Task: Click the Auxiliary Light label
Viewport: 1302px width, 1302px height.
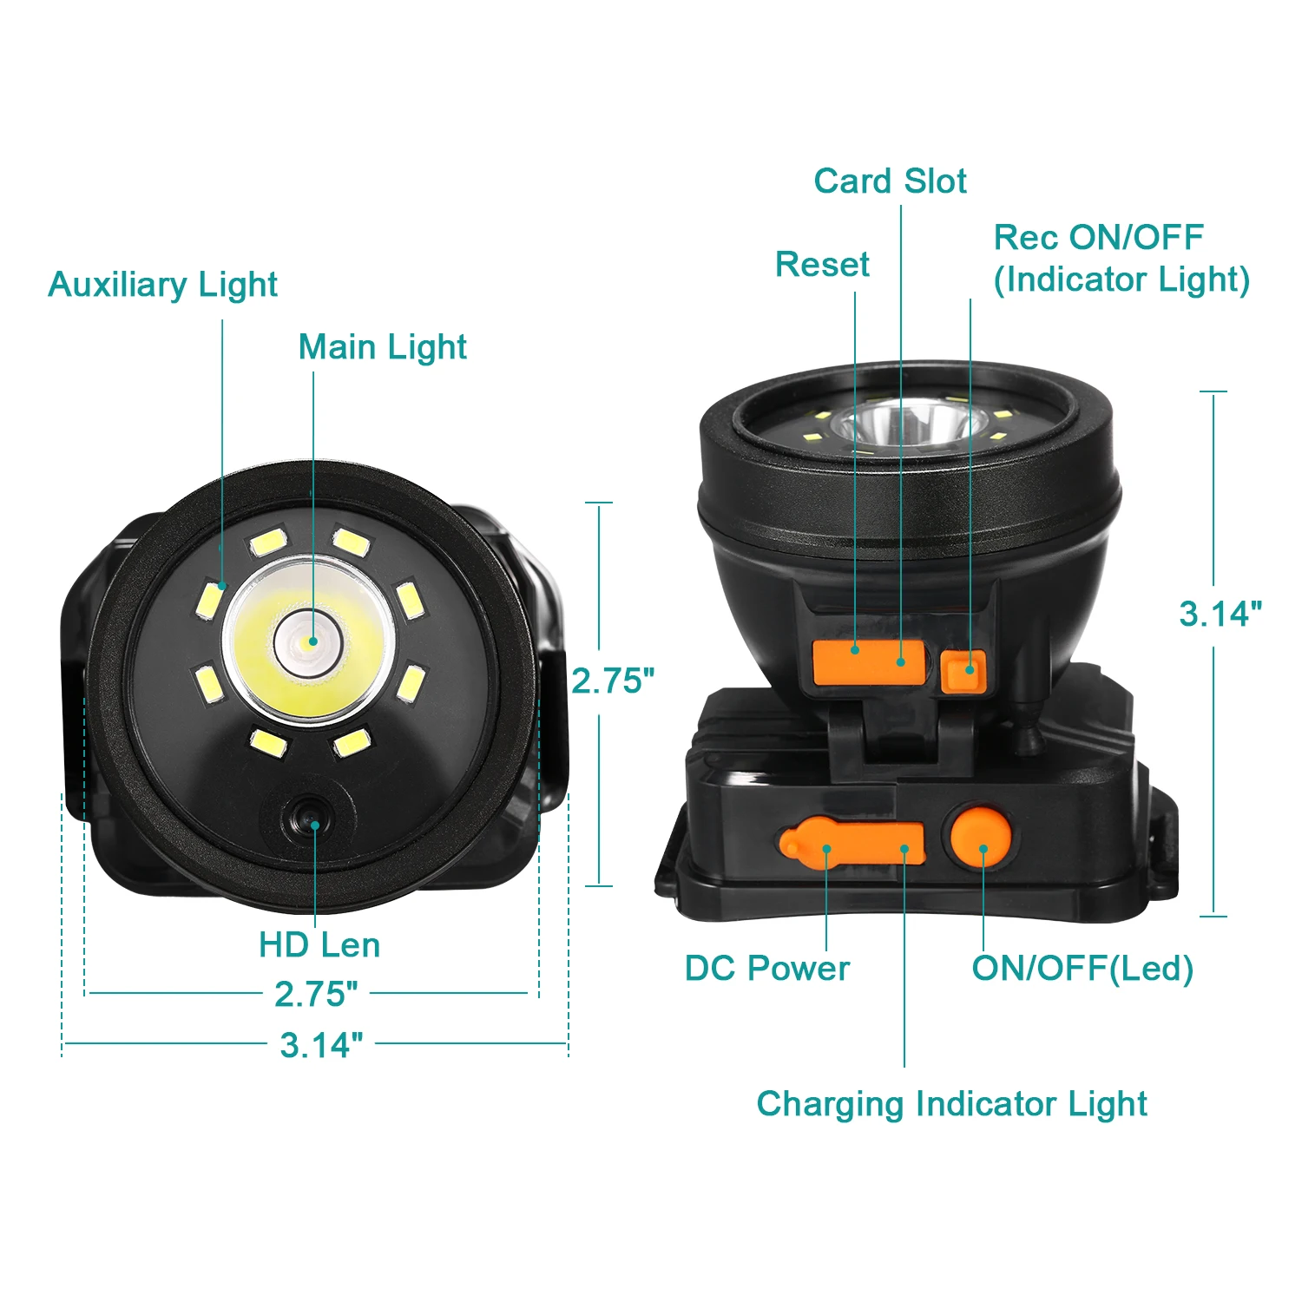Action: [x=162, y=285]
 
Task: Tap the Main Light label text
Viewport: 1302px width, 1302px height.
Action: [x=382, y=347]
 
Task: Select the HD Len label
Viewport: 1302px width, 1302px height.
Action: [x=319, y=944]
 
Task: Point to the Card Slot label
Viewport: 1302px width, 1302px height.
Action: [x=890, y=181]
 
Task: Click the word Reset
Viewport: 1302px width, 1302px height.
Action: [x=822, y=265]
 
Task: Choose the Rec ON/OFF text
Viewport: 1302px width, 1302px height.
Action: [x=1098, y=237]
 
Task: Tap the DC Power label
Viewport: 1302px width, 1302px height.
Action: [x=766, y=968]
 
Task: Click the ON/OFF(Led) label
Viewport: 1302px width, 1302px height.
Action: [x=1082, y=968]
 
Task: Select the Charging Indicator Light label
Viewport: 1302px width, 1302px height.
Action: [x=951, y=1104]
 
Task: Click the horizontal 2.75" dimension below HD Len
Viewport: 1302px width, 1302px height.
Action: [x=316, y=994]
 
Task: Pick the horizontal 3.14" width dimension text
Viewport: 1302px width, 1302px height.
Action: [x=321, y=1045]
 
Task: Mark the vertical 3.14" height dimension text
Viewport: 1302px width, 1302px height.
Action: [x=1220, y=614]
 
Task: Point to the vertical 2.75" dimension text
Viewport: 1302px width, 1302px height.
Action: [x=613, y=681]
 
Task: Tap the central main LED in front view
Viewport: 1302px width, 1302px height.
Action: [x=308, y=642]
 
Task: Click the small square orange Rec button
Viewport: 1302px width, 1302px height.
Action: [x=963, y=671]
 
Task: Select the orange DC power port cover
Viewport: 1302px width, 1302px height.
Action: [x=851, y=842]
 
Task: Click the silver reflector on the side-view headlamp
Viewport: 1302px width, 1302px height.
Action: [x=910, y=426]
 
